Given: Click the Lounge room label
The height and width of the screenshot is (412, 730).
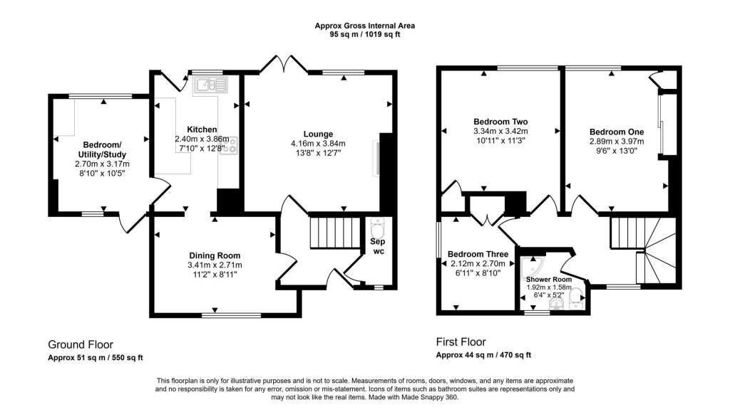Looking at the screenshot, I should tap(318, 134).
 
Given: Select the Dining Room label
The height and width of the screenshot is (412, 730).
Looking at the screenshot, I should tap(214, 255).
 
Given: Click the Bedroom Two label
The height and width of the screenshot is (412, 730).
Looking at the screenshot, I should tap(500, 121).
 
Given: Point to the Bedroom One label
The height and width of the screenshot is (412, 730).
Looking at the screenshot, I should tap(617, 132).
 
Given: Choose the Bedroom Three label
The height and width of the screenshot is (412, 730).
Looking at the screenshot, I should tap(478, 255).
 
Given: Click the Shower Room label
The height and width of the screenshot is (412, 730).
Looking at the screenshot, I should tap(549, 279).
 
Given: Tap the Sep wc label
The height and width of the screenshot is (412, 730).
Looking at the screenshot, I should tap(376, 246).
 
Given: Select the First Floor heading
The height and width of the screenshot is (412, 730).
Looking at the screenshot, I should tap(461, 342).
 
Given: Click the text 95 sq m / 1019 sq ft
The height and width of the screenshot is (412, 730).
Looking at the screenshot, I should tap(365, 34).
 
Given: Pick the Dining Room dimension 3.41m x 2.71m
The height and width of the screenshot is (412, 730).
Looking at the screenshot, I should tap(214, 265).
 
